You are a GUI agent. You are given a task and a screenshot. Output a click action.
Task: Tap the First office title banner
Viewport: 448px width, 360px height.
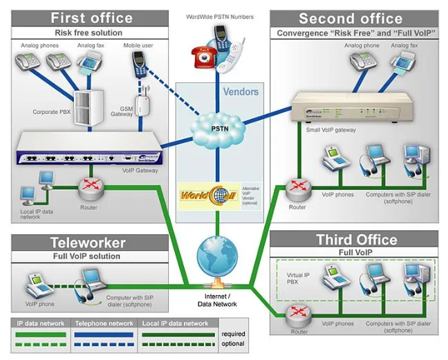91,17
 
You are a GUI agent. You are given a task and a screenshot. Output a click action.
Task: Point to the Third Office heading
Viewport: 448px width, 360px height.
356,240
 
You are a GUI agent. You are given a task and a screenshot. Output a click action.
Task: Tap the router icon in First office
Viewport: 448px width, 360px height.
88,185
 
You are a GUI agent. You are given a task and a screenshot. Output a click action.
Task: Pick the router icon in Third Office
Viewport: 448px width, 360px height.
299,314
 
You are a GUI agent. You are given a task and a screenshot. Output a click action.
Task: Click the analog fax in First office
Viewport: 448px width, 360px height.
91,63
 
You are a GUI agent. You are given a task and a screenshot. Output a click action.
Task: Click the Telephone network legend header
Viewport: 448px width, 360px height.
104,323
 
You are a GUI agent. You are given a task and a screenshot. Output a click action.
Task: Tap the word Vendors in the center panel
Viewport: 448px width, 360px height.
240,91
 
